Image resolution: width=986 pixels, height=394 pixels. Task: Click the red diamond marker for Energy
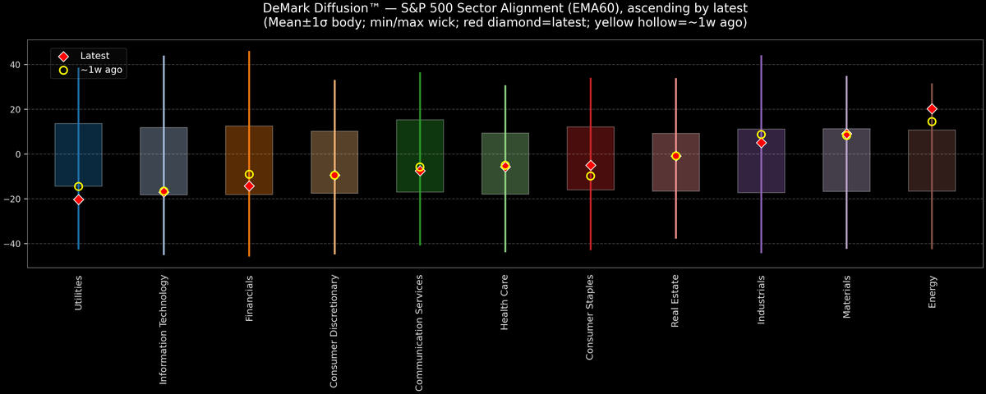coord(932,109)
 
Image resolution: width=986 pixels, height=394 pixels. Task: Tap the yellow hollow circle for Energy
coord(932,121)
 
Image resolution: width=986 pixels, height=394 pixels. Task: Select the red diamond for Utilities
coord(78,199)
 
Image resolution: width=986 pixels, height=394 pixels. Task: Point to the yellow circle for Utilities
coord(78,186)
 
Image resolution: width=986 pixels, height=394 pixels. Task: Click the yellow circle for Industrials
coord(761,135)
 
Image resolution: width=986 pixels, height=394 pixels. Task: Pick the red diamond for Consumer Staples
coord(590,166)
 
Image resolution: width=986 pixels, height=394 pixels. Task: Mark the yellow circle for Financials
coord(249,174)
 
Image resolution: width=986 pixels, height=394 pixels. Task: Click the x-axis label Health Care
coord(505,303)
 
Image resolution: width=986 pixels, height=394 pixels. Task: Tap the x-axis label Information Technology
coord(164,328)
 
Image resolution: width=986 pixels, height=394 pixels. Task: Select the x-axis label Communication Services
coord(420,332)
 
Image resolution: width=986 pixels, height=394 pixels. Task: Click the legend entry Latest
coord(94,56)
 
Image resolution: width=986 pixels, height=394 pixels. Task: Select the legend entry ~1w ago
coord(101,71)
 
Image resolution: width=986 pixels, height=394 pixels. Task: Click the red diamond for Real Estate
coord(675,156)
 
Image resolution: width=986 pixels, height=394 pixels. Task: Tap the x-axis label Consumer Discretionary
coord(334,331)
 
